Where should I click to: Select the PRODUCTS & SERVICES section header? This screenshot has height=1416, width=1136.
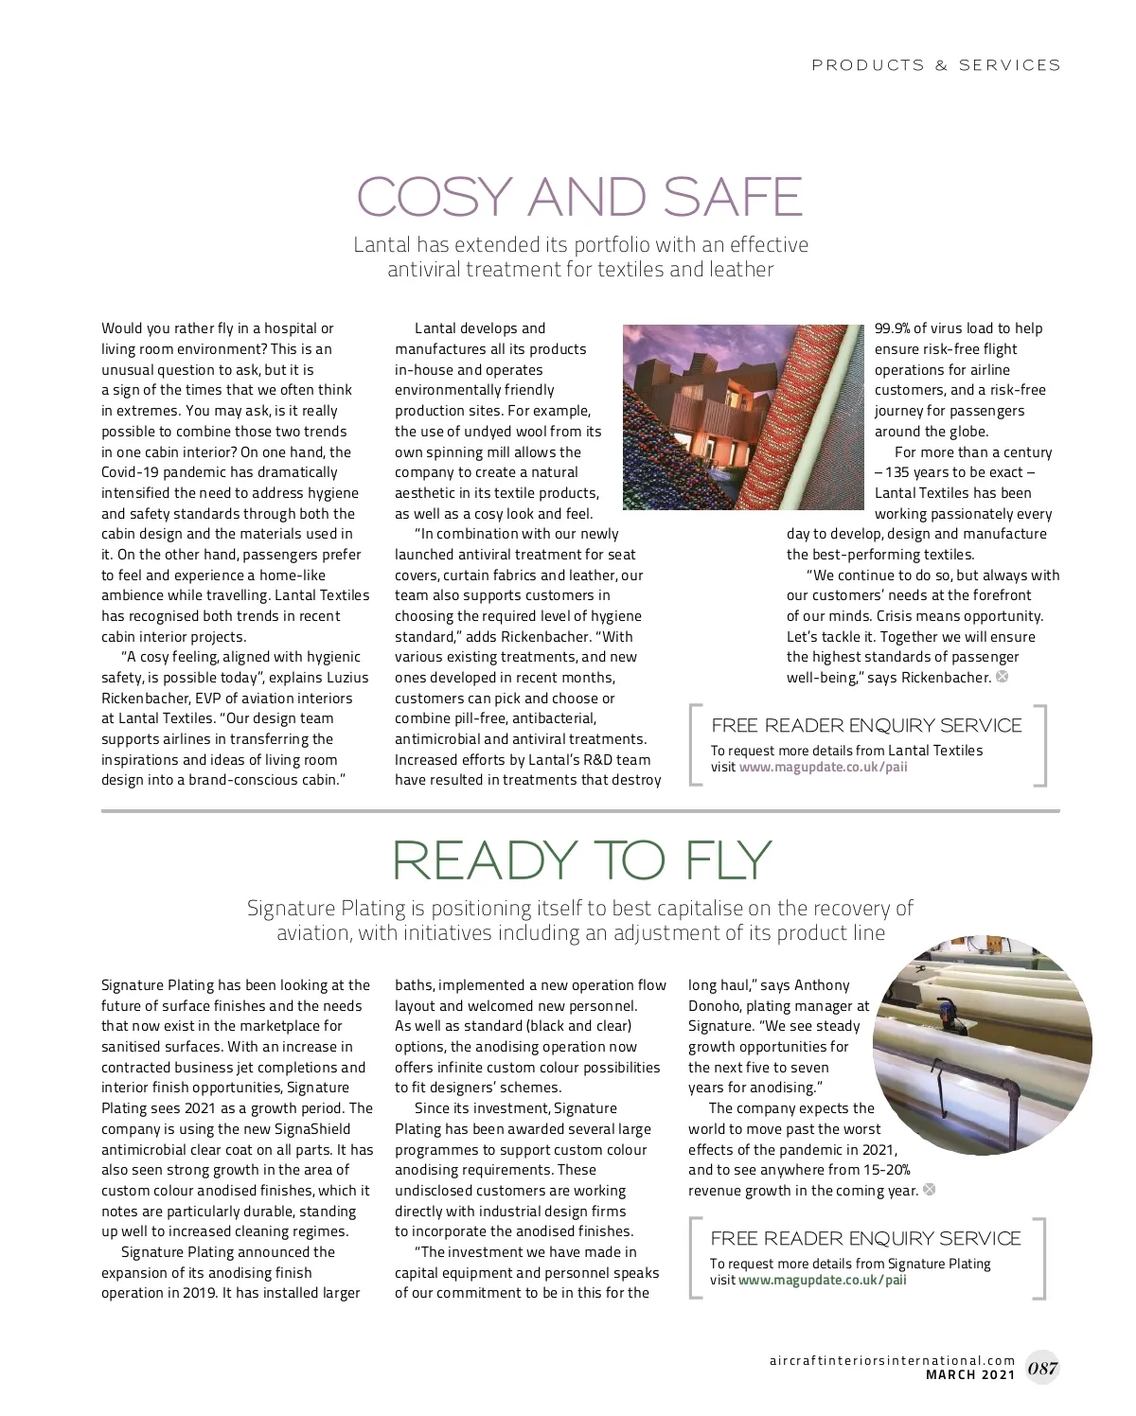(935, 65)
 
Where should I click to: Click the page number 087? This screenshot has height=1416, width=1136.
(1042, 1368)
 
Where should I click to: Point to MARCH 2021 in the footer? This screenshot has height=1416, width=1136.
(969, 1374)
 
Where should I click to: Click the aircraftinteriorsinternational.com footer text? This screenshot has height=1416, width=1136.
(892, 1360)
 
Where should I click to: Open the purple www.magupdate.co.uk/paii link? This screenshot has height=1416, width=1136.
(823, 767)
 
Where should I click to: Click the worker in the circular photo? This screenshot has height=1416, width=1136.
(948, 1017)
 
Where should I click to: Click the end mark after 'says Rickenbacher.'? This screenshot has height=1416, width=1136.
(1003, 677)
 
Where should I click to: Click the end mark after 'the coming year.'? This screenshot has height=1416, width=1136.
(930, 1190)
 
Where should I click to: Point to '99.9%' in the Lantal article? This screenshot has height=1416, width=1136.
(892, 328)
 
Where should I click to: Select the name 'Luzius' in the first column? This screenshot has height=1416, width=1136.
(346, 678)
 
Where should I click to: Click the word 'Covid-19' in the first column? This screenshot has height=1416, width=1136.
(131, 472)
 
